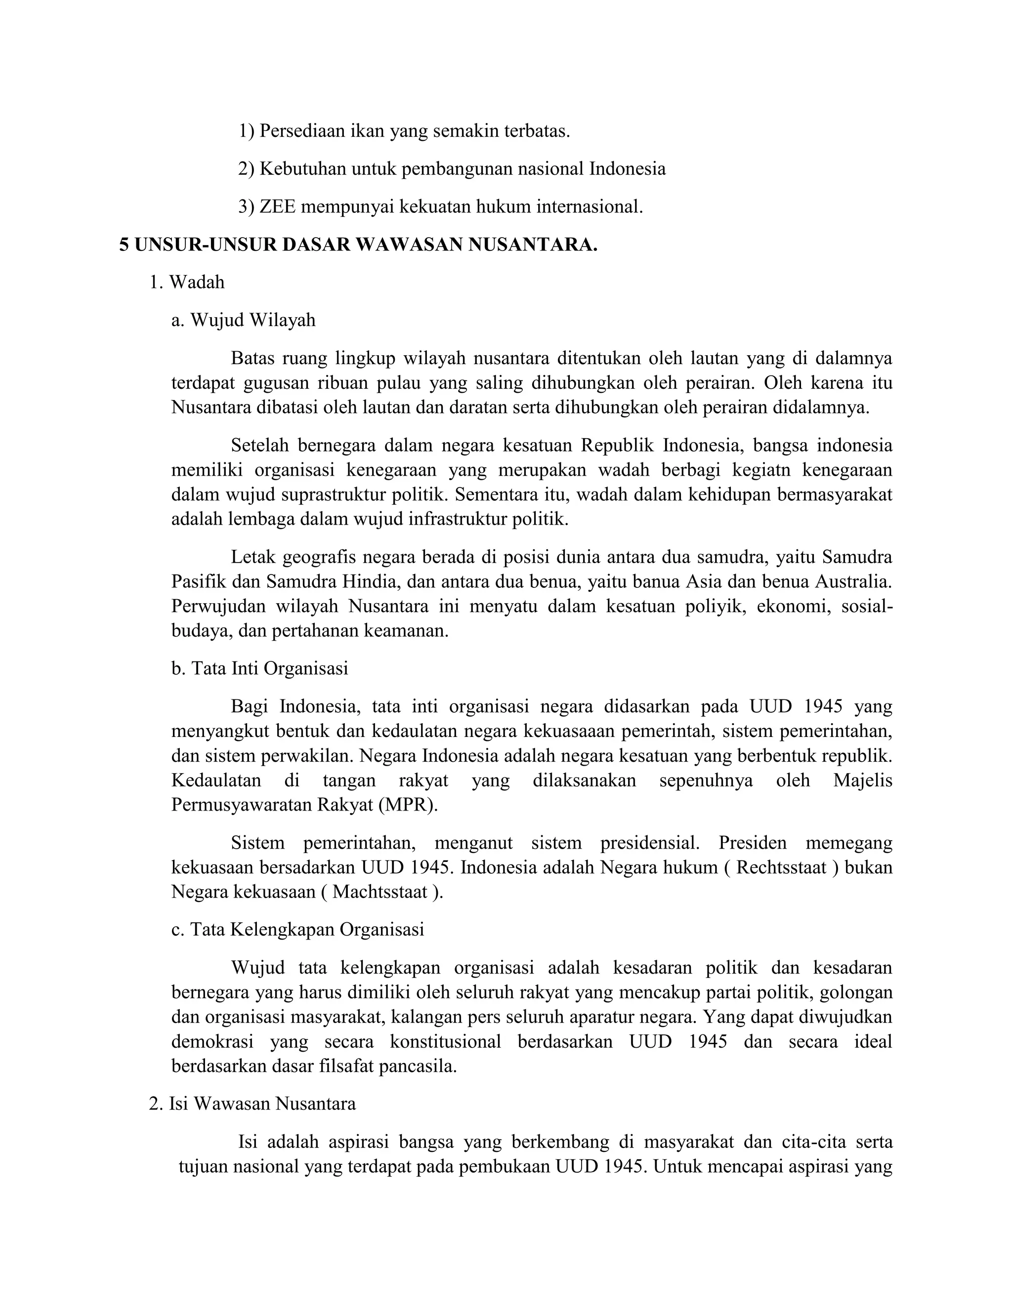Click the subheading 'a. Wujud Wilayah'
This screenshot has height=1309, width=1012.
244,320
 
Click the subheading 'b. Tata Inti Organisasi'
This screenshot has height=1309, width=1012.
259,668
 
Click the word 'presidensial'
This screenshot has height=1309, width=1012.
649,843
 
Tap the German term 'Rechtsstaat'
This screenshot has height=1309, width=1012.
781,867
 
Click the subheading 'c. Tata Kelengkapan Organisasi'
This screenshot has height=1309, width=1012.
298,930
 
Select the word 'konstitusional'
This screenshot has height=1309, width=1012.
445,1042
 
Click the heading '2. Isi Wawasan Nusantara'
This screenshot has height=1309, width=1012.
253,1104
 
